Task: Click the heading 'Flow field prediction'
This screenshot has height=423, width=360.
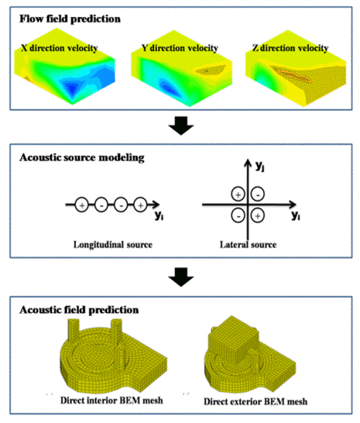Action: [x=70, y=19]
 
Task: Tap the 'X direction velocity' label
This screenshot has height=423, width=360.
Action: [x=59, y=48]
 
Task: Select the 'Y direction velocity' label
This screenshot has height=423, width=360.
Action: [x=180, y=48]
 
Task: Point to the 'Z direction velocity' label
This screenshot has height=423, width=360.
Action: [x=290, y=48]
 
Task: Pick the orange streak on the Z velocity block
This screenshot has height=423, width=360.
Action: [x=294, y=75]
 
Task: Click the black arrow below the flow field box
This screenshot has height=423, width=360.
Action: [x=181, y=125]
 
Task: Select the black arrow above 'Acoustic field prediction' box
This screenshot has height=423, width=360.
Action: [x=181, y=277]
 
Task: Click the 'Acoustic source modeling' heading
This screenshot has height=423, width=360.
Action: [x=82, y=158]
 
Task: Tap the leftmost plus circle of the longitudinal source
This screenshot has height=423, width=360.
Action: [x=81, y=205]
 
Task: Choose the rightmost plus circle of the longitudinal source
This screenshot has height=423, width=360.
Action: [x=140, y=205]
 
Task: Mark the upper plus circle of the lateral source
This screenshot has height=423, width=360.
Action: [x=238, y=194]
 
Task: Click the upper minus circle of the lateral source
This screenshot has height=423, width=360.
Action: [x=258, y=194]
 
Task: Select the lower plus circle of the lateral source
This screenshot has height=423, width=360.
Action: [x=258, y=216]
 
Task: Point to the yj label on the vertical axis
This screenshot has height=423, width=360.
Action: [x=260, y=165]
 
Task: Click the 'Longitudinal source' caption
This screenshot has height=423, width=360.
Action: [x=113, y=245]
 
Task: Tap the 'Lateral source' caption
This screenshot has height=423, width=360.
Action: [x=248, y=245]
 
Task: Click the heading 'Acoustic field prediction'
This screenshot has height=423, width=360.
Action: [x=79, y=309]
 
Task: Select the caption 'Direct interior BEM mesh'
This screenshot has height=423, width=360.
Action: [x=112, y=400]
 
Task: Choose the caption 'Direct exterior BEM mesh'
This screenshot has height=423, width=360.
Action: [x=256, y=401]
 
